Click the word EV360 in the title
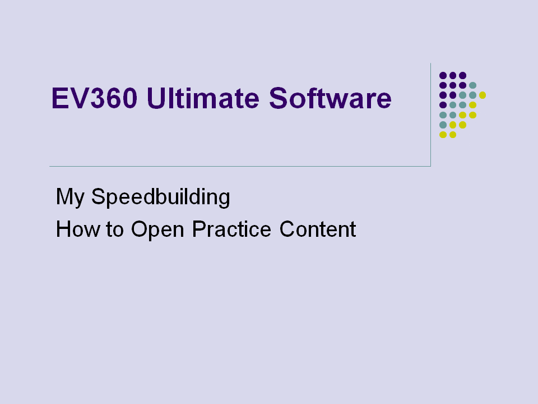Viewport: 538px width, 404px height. pyautogui.click(x=94, y=98)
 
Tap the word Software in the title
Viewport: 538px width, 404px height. pyautogui.click(x=330, y=98)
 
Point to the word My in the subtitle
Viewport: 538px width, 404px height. pyautogui.click(x=70, y=197)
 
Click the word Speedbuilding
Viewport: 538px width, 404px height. pyautogui.click(x=161, y=197)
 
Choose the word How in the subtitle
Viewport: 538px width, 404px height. pyautogui.click(x=78, y=229)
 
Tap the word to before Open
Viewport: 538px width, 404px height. pyautogui.click(x=115, y=229)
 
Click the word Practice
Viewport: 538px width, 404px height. pyautogui.click(x=231, y=229)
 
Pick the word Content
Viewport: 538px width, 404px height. pyautogui.click(x=318, y=229)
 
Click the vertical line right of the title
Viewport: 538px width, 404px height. pyautogui.click(x=430, y=114)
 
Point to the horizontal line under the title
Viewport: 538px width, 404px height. pyautogui.click(x=240, y=166)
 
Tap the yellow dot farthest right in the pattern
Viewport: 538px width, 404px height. pyautogui.click(x=483, y=95)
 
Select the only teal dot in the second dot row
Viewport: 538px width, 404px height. pyautogui.click(x=472, y=85)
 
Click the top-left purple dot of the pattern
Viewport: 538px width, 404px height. pyautogui.click(x=443, y=76)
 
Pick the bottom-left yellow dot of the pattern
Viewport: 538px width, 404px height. pyautogui.click(x=443, y=135)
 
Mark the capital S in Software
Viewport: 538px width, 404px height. pyautogui.click(x=278, y=98)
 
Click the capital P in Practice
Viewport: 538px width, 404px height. pyautogui.click(x=198, y=229)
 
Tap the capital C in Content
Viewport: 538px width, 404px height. pyautogui.click(x=287, y=229)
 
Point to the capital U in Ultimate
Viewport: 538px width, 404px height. pyautogui.click(x=156, y=98)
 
